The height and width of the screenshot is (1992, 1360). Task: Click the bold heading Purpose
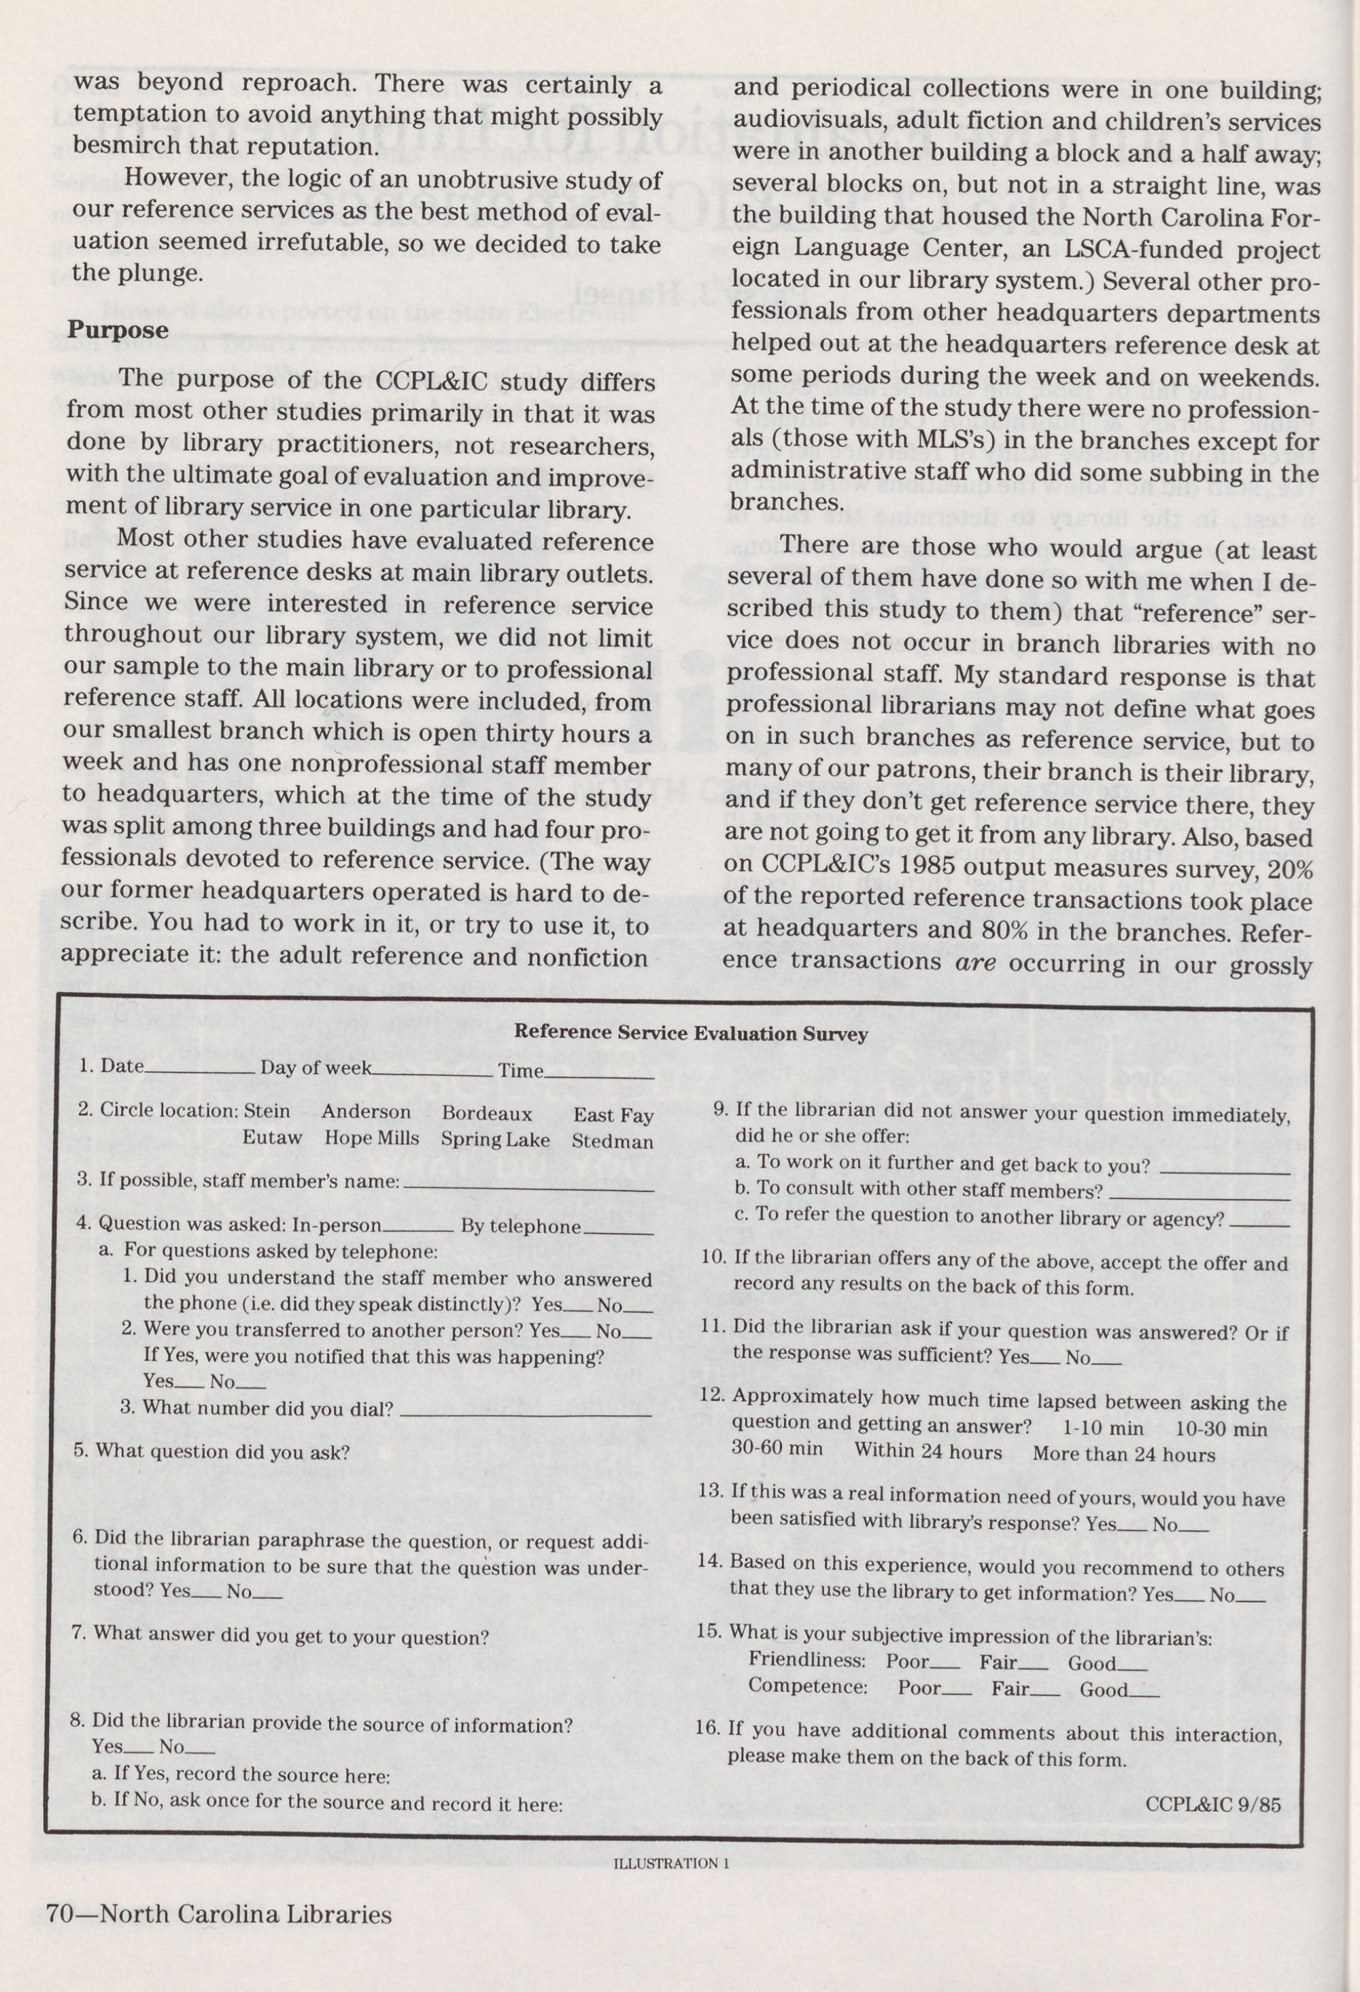coord(118,330)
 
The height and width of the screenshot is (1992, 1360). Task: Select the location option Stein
coord(267,1111)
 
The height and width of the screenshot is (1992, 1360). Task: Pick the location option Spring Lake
coord(494,1139)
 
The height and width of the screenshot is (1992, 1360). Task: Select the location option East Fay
coord(613,1115)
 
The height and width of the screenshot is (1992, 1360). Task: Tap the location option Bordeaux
coord(486,1113)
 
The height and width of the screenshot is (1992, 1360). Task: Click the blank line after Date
coord(200,1071)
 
